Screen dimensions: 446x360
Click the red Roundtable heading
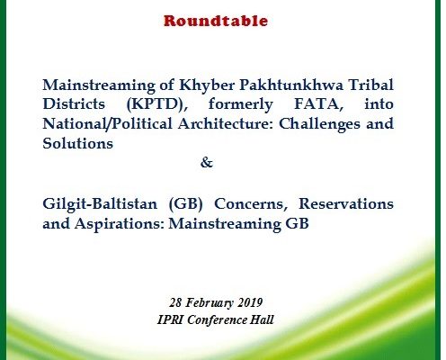[x=216, y=21]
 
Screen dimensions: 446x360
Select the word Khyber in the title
[x=207, y=85]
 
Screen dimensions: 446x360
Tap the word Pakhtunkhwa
[x=291, y=85]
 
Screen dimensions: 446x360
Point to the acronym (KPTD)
[x=157, y=104]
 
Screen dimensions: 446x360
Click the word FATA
[x=319, y=104]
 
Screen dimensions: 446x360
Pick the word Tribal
[x=370, y=85]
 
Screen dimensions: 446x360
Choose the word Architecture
[x=226, y=124]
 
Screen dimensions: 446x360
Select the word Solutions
[x=78, y=143]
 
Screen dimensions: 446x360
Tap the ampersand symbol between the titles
[x=207, y=163]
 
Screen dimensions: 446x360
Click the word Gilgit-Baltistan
[x=100, y=204]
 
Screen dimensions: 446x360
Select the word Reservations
[x=346, y=203]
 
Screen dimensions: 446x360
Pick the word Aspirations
[x=120, y=224]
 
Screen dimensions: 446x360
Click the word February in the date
[x=210, y=302]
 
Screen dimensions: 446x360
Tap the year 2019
[x=250, y=302]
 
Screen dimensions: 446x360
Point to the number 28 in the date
[x=175, y=302]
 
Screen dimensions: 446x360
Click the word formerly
[x=241, y=104]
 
